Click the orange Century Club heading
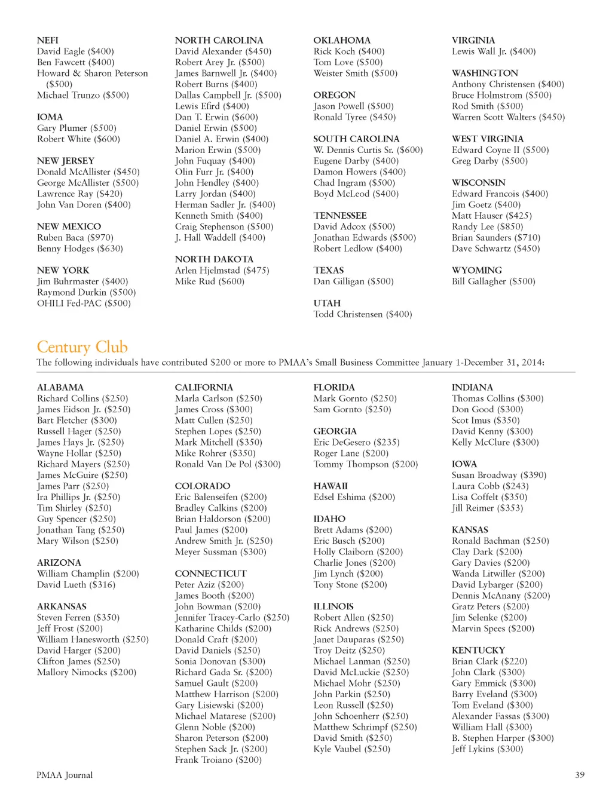[x=82, y=347]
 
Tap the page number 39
[x=579, y=775]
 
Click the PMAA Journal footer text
[x=65, y=775]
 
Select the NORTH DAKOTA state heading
[x=214, y=259]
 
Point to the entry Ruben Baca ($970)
[x=75, y=237]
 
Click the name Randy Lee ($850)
[x=487, y=226]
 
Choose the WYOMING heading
[x=476, y=270]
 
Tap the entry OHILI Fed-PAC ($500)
[x=84, y=303]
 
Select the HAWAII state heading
[x=330, y=486]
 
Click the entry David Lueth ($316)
[x=76, y=584]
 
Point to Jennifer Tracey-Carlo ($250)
[x=232, y=617]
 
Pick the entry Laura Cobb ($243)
[x=490, y=486]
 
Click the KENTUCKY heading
[x=478, y=650]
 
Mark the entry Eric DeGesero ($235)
[x=356, y=442]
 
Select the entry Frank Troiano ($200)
[x=218, y=760]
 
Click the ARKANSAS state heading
[x=62, y=606]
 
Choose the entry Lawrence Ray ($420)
[x=79, y=194]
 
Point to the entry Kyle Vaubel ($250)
[x=351, y=749]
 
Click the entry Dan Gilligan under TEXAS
[x=353, y=281]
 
